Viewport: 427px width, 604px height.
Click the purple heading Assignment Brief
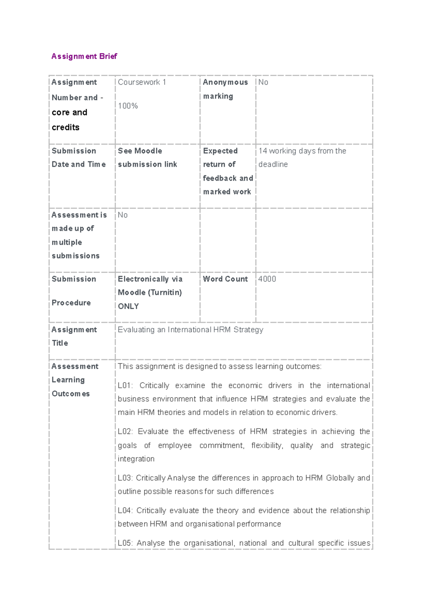click(x=84, y=56)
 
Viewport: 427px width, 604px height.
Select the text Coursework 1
click(x=142, y=82)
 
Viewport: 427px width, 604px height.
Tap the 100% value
click(x=128, y=106)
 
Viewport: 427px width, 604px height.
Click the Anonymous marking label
click(x=225, y=89)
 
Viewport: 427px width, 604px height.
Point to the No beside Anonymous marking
click(x=263, y=82)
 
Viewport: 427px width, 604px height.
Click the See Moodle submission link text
click(x=147, y=158)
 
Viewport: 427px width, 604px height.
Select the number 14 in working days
click(x=263, y=151)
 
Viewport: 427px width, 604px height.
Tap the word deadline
click(x=273, y=164)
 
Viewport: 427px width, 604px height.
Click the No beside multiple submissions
click(x=122, y=215)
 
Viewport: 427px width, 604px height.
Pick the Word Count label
click(x=225, y=279)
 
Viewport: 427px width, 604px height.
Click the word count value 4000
click(x=267, y=279)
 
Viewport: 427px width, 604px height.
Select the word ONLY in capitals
click(x=128, y=306)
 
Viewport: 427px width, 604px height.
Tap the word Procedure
click(x=71, y=303)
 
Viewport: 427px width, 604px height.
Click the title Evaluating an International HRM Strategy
click(x=190, y=330)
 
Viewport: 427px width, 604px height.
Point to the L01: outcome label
click(x=125, y=386)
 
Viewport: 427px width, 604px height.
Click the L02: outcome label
click(x=125, y=431)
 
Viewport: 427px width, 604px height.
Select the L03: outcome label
click(x=125, y=478)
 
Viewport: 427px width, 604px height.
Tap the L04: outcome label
click(x=125, y=510)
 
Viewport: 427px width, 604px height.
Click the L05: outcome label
click(x=125, y=543)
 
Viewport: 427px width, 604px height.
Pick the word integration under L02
click(x=136, y=459)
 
